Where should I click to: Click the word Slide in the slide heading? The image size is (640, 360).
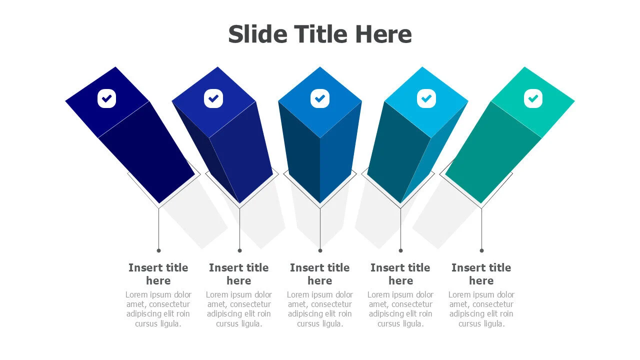tap(257, 34)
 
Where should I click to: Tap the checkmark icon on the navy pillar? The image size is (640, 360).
tap(106, 98)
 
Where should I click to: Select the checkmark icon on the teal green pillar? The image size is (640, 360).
tap(533, 98)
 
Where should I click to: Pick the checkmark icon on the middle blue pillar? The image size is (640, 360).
tap(320, 98)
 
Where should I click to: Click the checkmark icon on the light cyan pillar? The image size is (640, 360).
tap(426, 98)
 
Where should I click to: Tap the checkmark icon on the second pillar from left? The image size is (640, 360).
tap(213, 98)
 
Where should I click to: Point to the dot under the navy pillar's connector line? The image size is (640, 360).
tap(159, 250)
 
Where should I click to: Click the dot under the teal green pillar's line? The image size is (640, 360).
tap(481, 250)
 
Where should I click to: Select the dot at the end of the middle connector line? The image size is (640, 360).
tap(320, 250)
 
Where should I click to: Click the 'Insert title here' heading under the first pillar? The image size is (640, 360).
tap(158, 274)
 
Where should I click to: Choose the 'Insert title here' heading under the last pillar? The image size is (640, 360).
tap(481, 274)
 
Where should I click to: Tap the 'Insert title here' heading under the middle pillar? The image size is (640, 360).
tap(319, 274)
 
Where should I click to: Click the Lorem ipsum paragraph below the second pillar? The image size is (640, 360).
tap(239, 309)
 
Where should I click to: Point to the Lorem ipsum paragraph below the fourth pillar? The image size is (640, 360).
tap(400, 309)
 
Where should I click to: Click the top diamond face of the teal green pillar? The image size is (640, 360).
tap(533, 102)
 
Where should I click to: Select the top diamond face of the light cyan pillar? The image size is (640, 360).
tap(426, 102)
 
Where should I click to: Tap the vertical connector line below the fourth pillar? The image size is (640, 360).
tap(401, 228)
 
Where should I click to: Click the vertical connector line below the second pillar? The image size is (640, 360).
tap(239, 228)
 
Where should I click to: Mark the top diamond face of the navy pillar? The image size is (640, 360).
tap(107, 102)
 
